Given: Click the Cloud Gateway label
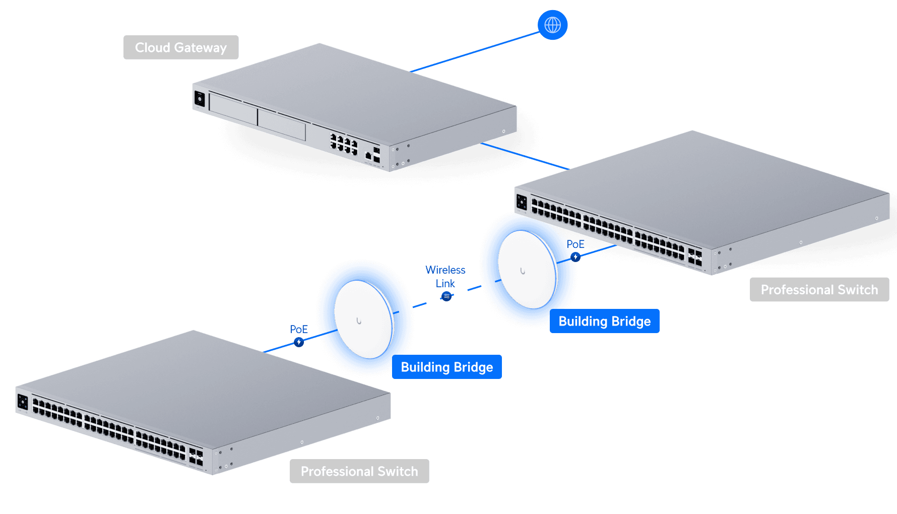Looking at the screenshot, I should tap(181, 47).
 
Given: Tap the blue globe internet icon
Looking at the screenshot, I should tap(552, 25).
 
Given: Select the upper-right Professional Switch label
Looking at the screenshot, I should tap(819, 290).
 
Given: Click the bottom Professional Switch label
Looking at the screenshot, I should tap(359, 471).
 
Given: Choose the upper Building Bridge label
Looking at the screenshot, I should tap(604, 322).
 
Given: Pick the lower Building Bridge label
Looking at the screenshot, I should tap(446, 367).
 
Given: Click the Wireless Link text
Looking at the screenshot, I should tap(445, 277).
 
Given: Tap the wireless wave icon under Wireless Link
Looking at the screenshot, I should tap(446, 296).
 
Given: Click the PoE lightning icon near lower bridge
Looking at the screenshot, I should tap(299, 342).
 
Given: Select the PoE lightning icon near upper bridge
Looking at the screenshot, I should tap(575, 257).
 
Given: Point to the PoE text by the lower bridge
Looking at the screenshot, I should tap(298, 329).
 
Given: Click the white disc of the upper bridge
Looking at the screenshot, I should tap(527, 270).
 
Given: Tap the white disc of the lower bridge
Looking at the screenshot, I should tap(363, 319).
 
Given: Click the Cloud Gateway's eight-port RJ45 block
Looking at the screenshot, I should tap(344, 143).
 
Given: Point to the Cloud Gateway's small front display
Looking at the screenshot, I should tap(200, 99).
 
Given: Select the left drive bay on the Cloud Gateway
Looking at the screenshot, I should tap(233, 109).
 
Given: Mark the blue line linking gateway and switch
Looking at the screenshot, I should tap(524, 156).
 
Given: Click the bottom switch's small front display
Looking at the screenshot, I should tap(23, 402).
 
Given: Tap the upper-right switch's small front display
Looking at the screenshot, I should tap(522, 203).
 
